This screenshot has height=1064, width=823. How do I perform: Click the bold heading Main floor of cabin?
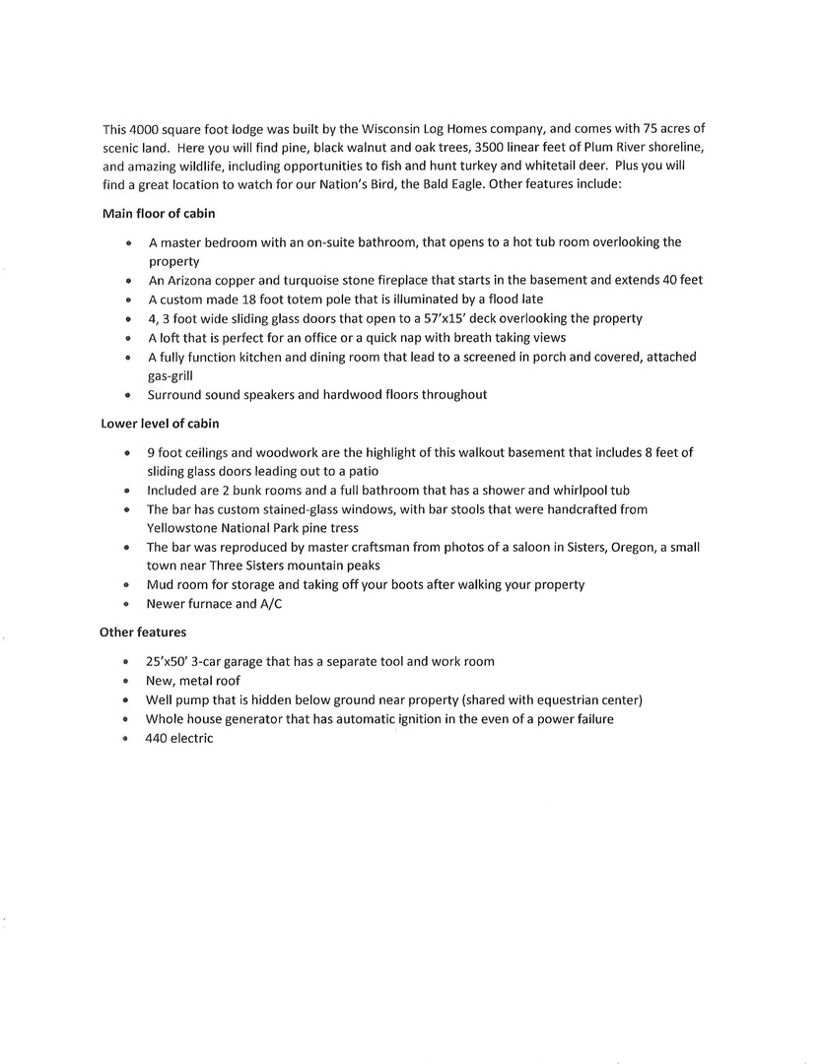coord(158,214)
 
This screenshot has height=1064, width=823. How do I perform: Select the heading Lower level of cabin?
coord(160,425)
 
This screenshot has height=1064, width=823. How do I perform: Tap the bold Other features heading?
coord(143,632)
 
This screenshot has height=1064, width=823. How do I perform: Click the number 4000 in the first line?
coord(144,129)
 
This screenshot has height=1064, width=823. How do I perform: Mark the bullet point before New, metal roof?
coord(127,681)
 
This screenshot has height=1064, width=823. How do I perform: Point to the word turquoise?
coord(302,280)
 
